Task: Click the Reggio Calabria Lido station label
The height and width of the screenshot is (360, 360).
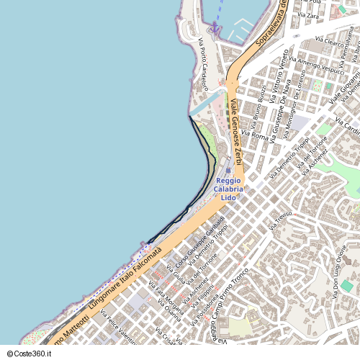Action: [x=228, y=189]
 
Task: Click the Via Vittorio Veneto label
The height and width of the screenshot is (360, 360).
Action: [x=277, y=81]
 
